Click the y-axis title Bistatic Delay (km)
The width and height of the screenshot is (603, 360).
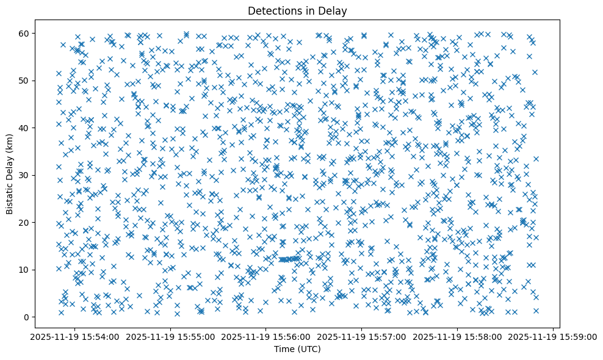[x=10, y=174]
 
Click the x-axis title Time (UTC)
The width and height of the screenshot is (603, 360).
[x=297, y=349]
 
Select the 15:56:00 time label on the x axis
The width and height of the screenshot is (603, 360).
[x=266, y=337]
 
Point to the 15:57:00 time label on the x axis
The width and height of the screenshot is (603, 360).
[x=362, y=337]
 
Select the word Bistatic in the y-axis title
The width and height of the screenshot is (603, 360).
[x=10, y=192]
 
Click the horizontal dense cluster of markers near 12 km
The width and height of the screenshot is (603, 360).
[x=289, y=259]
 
